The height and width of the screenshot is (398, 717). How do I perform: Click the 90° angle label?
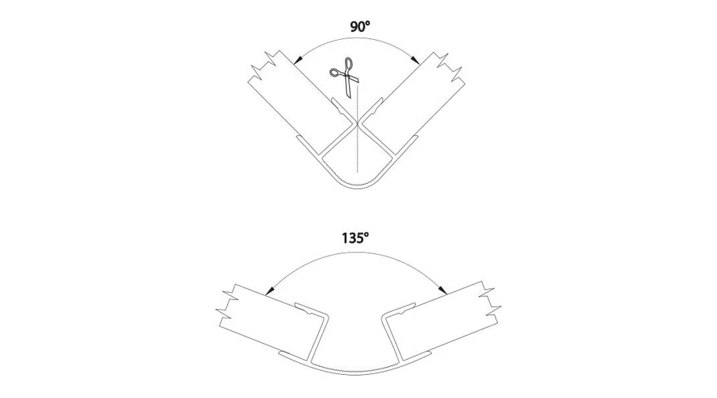point(360,26)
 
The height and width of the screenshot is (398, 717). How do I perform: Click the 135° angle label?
point(355,238)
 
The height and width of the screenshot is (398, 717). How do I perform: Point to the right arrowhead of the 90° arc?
point(416,60)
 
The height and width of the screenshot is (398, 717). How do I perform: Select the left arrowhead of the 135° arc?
point(270,289)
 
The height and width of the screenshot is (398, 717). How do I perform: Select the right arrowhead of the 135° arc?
point(443,289)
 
